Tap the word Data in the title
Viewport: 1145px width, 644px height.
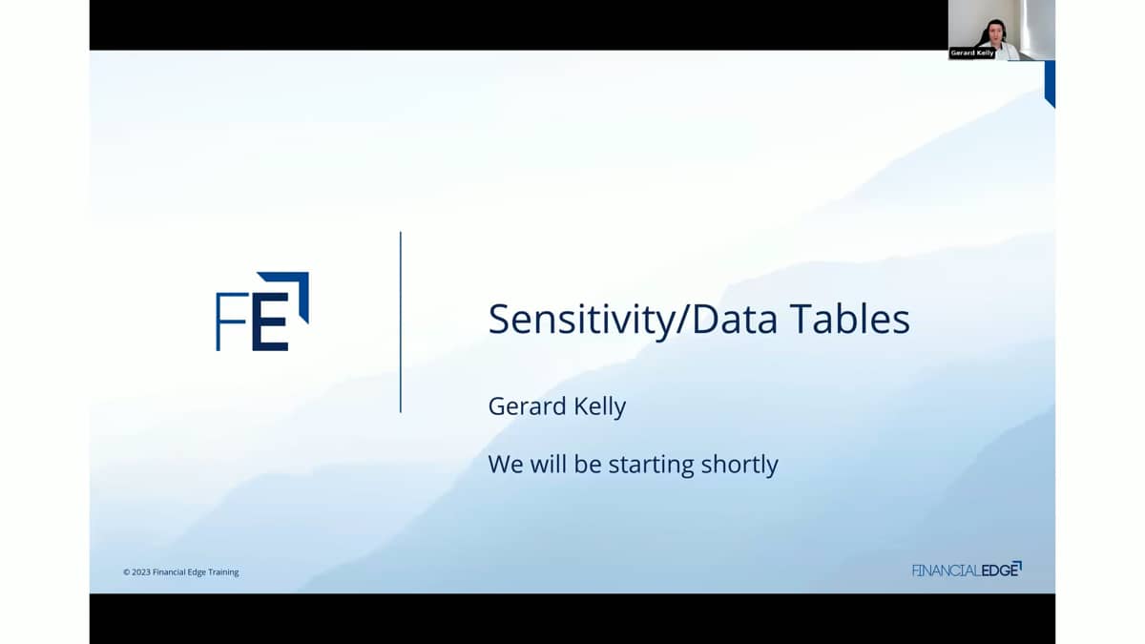click(x=735, y=319)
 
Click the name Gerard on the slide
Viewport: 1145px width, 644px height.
click(x=527, y=405)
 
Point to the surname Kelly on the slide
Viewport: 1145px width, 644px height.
click(x=599, y=406)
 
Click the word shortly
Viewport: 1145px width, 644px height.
click(x=739, y=465)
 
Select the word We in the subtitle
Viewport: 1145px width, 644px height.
click(x=506, y=464)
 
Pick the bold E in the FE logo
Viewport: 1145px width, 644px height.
click(x=270, y=322)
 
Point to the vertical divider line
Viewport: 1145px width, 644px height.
click(x=400, y=322)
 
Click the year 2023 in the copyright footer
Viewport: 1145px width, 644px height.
click(x=141, y=571)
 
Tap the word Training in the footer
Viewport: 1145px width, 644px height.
click(x=223, y=572)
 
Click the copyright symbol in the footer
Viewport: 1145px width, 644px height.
click(x=126, y=571)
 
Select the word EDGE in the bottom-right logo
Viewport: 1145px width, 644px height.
click(x=1000, y=570)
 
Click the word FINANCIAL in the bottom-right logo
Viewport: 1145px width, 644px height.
click(x=947, y=571)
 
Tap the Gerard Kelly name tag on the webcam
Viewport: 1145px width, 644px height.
click(x=971, y=52)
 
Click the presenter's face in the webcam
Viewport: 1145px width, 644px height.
click(x=996, y=32)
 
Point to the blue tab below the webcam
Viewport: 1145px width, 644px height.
click(x=1050, y=82)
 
